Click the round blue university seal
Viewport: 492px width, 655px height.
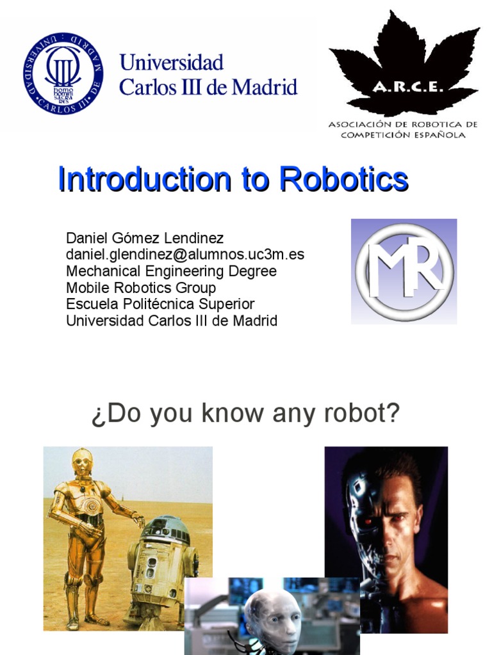click(x=63, y=74)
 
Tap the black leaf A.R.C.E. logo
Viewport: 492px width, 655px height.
click(x=404, y=64)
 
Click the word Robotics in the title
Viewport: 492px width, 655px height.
click(x=343, y=180)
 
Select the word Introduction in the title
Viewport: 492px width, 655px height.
click(x=144, y=180)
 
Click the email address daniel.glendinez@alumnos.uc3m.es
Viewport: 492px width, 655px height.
click(x=185, y=255)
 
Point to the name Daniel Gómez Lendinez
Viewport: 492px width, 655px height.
click(x=145, y=239)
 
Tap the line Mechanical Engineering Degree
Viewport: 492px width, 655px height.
click(x=171, y=271)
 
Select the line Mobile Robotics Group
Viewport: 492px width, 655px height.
click(x=141, y=288)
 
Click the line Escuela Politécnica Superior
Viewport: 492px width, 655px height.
click(x=160, y=304)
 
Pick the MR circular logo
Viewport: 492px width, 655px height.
click(x=404, y=272)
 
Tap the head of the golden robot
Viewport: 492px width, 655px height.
click(x=82, y=462)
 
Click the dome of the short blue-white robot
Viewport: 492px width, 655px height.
click(x=165, y=528)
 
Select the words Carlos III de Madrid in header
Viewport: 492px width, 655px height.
click(x=208, y=87)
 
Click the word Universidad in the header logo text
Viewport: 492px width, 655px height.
click(x=172, y=63)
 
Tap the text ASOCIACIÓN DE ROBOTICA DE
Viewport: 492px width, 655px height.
click(x=403, y=124)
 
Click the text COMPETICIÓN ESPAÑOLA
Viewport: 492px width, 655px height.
click(x=403, y=135)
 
